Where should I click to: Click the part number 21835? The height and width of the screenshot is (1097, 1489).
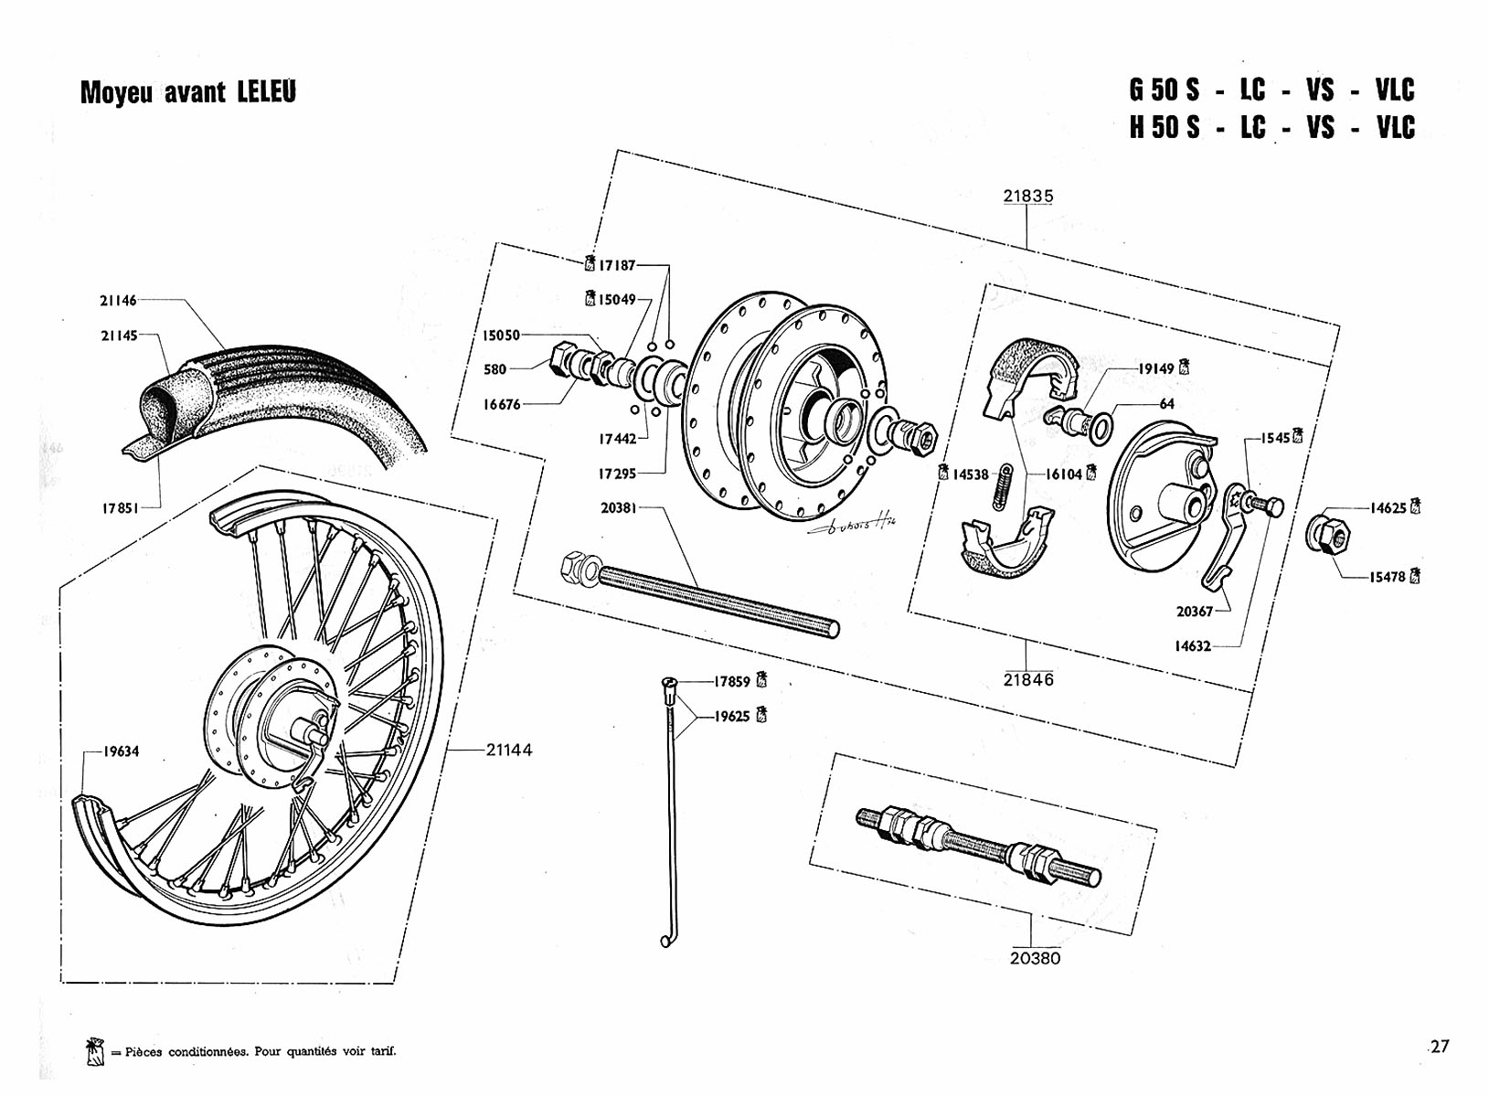tap(1027, 196)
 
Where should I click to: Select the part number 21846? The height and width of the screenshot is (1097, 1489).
tap(1028, 679)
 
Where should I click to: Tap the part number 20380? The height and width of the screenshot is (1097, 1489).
tap(1035, 958)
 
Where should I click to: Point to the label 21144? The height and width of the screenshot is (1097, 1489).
tap(509, 750)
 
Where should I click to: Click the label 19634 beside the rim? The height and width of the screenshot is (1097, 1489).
tap(121, 751)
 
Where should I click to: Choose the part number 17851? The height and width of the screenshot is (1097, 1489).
tap(120, 507)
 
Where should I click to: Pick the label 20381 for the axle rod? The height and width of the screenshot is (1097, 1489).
tap(618, 507)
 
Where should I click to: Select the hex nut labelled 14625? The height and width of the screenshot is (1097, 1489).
tap(1327, 534)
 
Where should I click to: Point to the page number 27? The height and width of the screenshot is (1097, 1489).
tap(1440, 1047)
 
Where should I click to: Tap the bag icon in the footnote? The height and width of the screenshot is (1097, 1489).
tap(94, 1051)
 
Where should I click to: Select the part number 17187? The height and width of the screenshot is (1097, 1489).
tap(617, 265)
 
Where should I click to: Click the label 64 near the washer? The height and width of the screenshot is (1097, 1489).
tap(1166, 404)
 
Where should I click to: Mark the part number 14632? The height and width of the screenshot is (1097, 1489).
tap(1193, 646)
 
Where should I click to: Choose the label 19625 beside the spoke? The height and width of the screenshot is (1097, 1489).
tap(731, 717)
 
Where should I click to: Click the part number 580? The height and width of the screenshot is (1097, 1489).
tap(495, 369)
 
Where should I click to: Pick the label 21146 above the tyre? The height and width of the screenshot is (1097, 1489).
tap(118, 300)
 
